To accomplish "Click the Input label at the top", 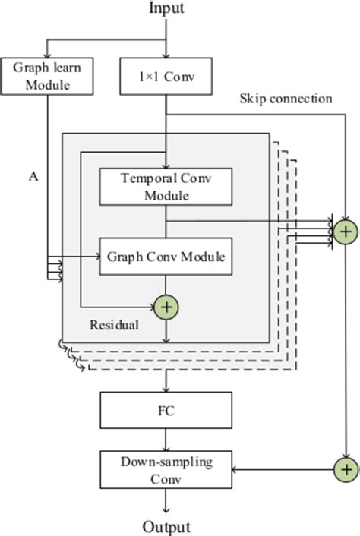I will click(x=166, y=8).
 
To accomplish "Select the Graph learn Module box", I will click(x=47, y=75).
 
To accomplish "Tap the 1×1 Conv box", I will click(x=166, y=75).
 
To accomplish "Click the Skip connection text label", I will click(x=286, y=99).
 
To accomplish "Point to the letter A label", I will click(x=33, y=176).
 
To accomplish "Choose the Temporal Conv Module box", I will click(x=166, y=187).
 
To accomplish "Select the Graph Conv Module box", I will click(x=166, y=257).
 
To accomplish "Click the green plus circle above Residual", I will click(x=166, y=307).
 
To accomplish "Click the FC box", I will click(x=166, y=410).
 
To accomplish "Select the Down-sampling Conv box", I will click(x=166, y=469).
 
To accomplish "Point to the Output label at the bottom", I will click(x=166, y=527).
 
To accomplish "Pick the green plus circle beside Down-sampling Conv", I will click(x=346, y=469).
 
